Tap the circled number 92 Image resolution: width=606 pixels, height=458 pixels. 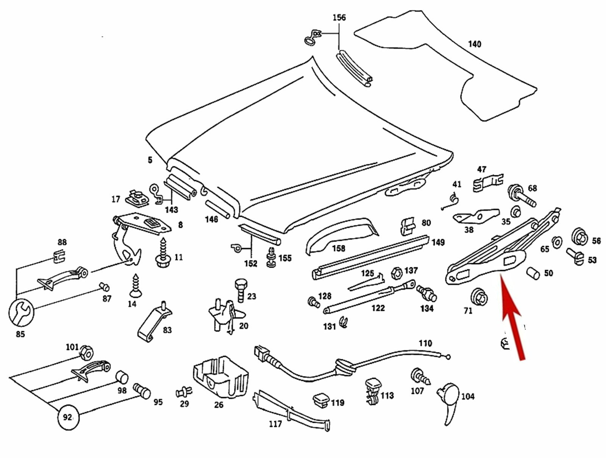point(67,417)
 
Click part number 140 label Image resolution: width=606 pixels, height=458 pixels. point(474,44)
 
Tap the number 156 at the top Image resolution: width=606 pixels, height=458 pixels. point(339,17)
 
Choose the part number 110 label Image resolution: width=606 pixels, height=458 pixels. point(425,343)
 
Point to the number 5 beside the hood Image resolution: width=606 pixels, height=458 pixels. point(150,160)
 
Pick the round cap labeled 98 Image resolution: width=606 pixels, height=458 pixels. point(122,377)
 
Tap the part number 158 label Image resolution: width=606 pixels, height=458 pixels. point(339,248)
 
